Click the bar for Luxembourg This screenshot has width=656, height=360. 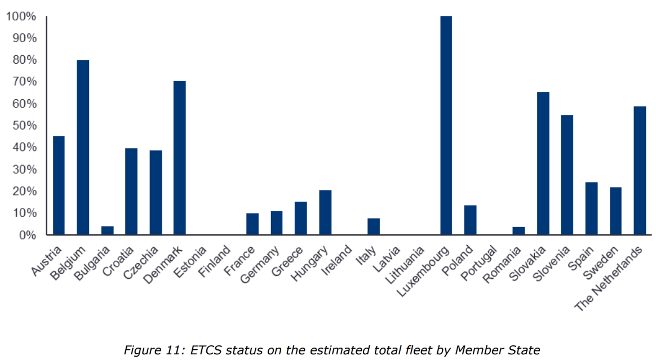pyautogui.click(x=446, y=125)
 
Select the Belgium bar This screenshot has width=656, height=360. pyautogui.click(x=83, y=147)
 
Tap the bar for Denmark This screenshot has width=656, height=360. pyautogui.click(x=180, y=158)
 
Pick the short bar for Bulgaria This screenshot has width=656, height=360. pyautogui.click(x=107, y=230)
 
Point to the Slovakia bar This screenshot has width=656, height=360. pyautogui.click(x=543, y=163)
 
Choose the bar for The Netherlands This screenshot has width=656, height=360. pyautogui.click(x=640, y=170)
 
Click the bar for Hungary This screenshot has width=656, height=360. pyautogui.click(x=325, y=212)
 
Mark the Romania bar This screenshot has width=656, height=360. pyautogui.click(x=518, y=231)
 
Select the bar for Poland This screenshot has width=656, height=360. pyautogui.click(x=470, y=220)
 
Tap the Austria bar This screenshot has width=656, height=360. pyautogui.click(x=59, y=185)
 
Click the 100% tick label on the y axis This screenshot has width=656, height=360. pyautogui.click(x=21, y=16)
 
